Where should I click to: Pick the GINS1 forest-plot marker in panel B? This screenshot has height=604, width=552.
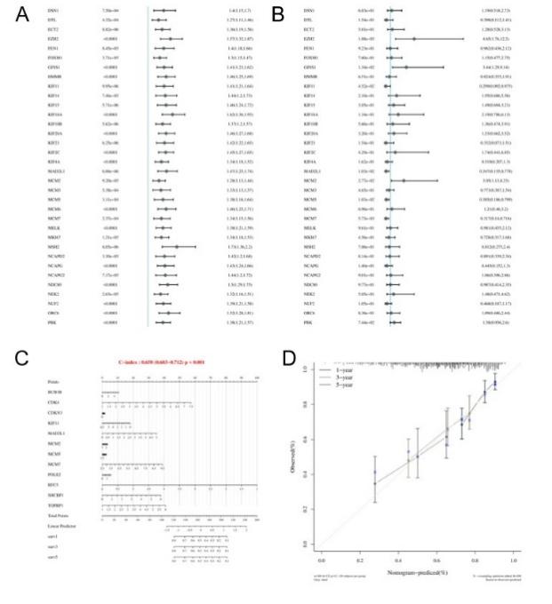[406, 66]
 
